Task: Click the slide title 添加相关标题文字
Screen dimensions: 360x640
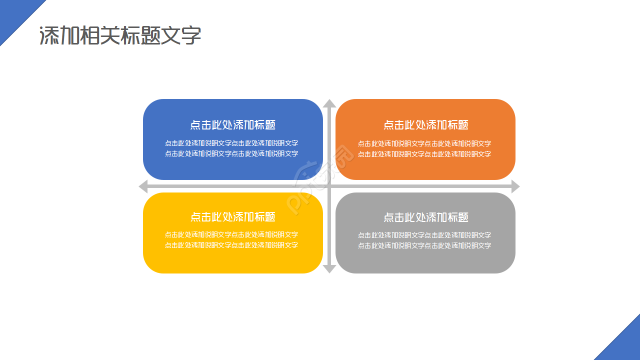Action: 120,36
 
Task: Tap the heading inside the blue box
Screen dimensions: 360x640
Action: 232,125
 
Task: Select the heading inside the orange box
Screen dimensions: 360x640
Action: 425,125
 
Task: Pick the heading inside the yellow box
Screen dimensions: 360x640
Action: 232,217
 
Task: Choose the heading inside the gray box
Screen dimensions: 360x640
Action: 425,217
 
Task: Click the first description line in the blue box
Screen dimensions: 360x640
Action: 231,143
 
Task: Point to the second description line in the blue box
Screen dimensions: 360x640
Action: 231,154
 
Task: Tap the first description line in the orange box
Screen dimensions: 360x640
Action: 424,144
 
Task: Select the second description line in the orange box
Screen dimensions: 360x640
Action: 424,154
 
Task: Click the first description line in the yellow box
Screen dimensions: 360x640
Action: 231,235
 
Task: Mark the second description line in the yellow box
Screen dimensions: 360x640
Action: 231,245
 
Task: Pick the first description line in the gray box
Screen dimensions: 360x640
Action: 424,235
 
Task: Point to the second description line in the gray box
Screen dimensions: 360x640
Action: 424,246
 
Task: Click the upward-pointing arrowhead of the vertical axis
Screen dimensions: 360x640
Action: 329,103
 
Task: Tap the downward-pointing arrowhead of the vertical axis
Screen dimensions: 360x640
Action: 329,269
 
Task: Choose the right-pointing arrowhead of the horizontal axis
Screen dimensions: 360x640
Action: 515,186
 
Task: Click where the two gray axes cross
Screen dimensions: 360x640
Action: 329,186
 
